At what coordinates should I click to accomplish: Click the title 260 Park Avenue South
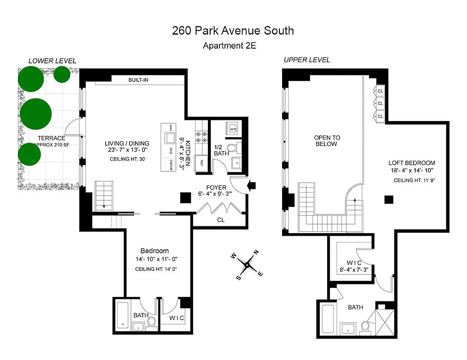(233, 31)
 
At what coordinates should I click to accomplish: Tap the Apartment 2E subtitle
(229, 45)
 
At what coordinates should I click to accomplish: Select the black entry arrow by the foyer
(252, 184)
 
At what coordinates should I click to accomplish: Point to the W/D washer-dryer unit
(233, 129)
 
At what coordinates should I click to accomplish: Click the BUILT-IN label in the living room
(138, 80)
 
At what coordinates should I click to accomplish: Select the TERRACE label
(52, 138)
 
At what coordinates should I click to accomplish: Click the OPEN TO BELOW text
(327, 141)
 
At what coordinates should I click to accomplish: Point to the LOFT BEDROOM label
(412, 163)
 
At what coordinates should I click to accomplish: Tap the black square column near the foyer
(184, 198)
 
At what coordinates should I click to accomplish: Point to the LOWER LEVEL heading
(52, 61)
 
